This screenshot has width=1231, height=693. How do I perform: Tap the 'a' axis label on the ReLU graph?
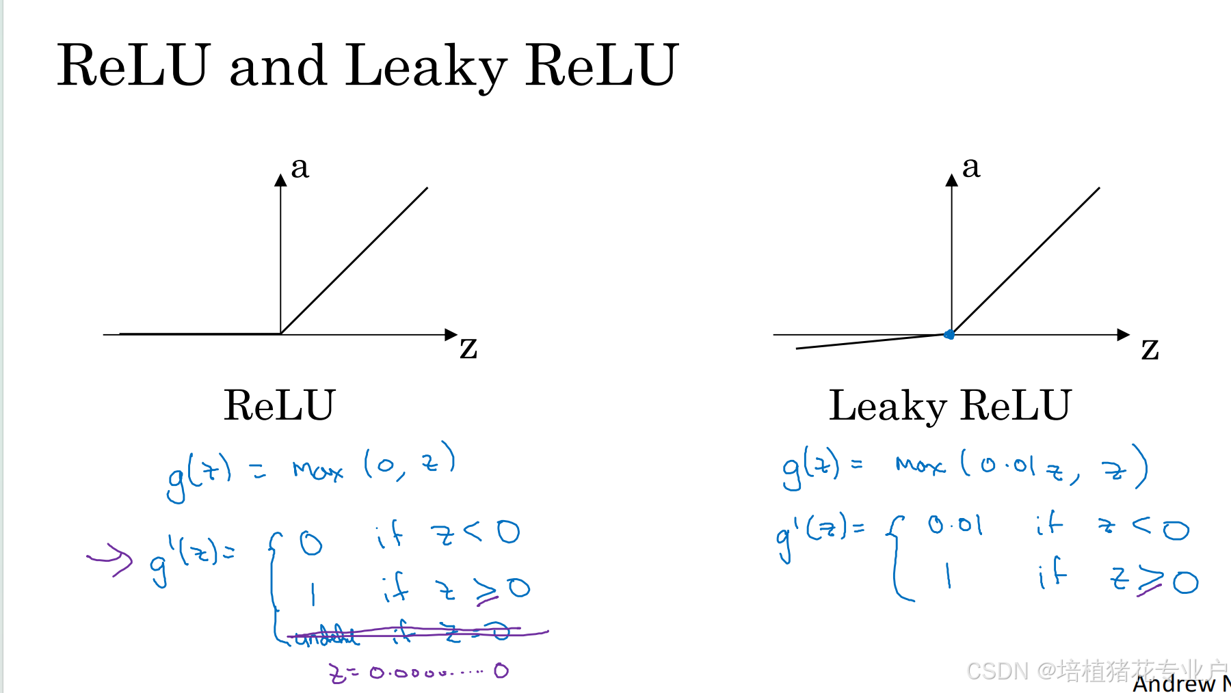tap(300, 167)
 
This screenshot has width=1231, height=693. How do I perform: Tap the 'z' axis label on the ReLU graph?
tap(468, 347)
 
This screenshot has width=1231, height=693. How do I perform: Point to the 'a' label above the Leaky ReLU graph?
tap(971, 167)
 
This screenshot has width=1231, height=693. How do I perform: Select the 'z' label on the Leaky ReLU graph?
tap(1150, 349)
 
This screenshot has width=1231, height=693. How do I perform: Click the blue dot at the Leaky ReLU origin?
tap(949, 334)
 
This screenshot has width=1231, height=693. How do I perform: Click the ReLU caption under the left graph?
tap(279, 405)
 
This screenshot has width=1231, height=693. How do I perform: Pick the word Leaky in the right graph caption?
tap(887, 405)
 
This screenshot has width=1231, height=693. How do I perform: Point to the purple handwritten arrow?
tap(111, 560)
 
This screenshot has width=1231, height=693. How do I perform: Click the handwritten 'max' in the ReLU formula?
tap(317, 470)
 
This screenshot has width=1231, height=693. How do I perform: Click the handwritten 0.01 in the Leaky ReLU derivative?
tap(955, 526)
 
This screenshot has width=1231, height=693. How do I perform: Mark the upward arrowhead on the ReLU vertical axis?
tap(280, 180)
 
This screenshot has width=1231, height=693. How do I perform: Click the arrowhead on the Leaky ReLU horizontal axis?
tap(1123, 334)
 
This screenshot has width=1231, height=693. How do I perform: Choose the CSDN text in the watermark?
tap(997, 671)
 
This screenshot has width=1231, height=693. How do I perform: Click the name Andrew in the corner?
tap(1174, 683)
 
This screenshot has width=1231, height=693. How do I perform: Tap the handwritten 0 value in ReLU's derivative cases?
tap(310, 544)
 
